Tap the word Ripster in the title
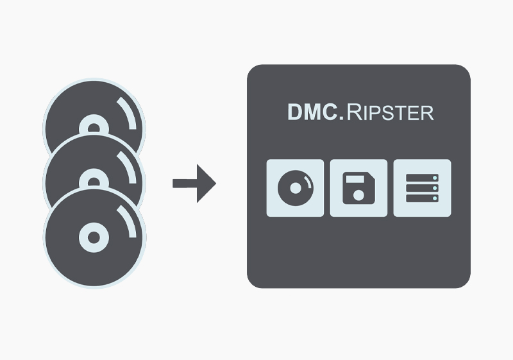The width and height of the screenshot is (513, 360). pyautogui.click(x=391, y=114)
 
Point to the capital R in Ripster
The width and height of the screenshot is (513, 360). pyautogui.click(x=354, y=113)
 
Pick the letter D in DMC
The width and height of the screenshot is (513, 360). pyautogui.click(x=294, y=113)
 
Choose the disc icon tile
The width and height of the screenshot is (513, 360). pyautogui.click(x=295, y=188)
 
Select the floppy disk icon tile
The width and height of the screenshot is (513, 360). pyautogui.click(x=358, y=188)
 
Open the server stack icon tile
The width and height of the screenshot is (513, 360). pyautogui.click(x=422, y=188)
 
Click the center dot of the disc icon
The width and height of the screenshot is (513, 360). pyautogui.click(x=295, y=189)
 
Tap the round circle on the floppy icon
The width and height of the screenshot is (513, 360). pyautogui.click(x=358, y=194)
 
